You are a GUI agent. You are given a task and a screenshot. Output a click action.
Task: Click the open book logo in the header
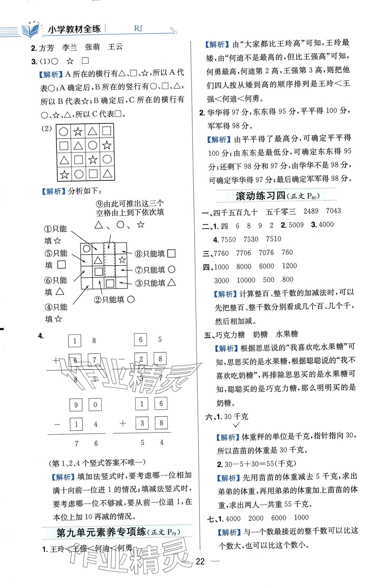point(30,30)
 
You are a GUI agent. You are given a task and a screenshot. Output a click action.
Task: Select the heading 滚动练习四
point(260,196)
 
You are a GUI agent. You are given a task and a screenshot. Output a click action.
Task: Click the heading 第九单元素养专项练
point(101,532)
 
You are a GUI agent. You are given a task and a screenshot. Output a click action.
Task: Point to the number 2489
point(311,211)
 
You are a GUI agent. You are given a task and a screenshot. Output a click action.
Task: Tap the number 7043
point(333,211)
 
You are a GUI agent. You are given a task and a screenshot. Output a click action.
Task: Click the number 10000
point(246,280)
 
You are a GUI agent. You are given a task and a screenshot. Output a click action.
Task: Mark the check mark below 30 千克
point(236,425)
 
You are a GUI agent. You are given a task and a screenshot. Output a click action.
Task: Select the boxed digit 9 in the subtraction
point(76,405)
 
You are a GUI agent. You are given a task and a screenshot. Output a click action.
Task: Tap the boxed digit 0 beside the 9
point(95,405)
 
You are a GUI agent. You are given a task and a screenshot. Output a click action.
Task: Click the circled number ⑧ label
point(138,254)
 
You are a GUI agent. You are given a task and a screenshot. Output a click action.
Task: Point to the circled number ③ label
point(139,283)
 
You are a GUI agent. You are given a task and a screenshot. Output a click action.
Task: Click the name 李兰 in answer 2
point(69,47)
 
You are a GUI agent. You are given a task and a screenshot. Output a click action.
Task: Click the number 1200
point(289,266)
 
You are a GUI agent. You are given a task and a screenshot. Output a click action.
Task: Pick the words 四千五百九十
point(235,212)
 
